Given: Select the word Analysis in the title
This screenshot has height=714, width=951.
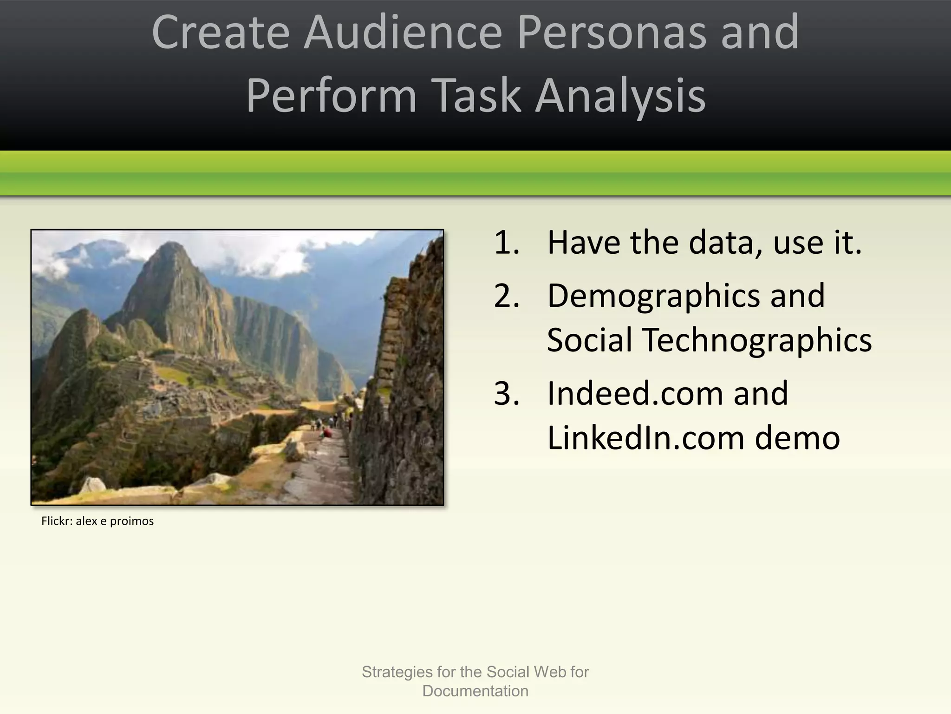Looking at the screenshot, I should [620, 96].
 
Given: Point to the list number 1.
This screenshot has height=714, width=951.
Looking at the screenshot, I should [506, 243].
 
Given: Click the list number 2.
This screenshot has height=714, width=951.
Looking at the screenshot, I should [506, 296].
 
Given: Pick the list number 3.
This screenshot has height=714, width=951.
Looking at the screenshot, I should [506, 393].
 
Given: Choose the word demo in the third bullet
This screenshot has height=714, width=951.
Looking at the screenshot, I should [797, 437].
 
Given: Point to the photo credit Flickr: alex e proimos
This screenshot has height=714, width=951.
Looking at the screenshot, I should [98, 521].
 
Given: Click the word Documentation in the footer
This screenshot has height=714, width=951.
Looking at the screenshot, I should [475, 691].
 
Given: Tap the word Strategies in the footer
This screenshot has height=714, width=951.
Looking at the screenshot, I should [397, 672].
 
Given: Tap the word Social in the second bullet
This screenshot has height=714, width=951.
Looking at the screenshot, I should [590, 340].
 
